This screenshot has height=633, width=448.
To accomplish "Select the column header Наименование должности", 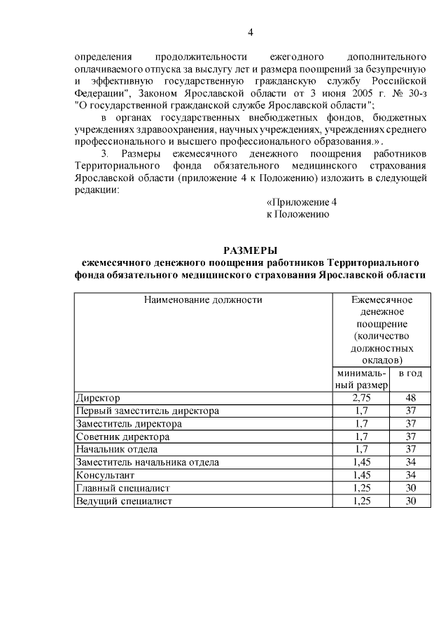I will [x=203, y=300].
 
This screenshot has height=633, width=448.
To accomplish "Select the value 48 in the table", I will [x=411, y=398].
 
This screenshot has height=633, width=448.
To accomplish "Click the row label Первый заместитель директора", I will [x=148, y=411].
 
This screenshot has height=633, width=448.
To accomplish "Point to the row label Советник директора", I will [x=122, y=436].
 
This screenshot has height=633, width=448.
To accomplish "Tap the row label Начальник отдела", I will [x=117, y=449].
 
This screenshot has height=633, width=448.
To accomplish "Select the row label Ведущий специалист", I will [x=124, y=502].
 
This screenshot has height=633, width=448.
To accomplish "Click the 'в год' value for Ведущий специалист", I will [x=411, y=502].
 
